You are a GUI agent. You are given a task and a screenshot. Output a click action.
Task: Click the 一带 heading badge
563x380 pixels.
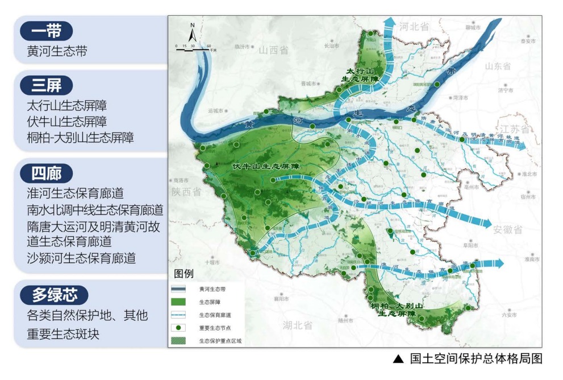pos(46,31)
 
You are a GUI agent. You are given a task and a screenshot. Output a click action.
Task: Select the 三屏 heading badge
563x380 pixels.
pos(46,85)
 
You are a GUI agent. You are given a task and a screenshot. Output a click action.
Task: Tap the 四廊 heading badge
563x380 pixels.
pos(46,173)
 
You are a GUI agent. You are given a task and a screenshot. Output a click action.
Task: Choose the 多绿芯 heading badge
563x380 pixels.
pos(54,295)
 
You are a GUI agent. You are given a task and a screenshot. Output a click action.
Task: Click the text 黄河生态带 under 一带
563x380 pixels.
pos(57,51)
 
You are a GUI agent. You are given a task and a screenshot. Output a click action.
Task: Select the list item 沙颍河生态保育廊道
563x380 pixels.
pos(81,258)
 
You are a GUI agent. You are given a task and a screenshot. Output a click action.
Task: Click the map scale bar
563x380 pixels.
pos(193,49)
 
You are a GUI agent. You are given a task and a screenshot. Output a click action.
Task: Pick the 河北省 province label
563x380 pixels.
pos(413,26)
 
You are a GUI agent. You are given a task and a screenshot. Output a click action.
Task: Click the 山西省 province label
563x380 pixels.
pos(274,50)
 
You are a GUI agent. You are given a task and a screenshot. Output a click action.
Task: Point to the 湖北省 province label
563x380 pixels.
pos(297,325)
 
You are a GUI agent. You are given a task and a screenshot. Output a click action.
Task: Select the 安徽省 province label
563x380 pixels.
pos(507,230)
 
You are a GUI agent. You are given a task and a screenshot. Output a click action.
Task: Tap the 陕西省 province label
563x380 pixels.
pos(185,192)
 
